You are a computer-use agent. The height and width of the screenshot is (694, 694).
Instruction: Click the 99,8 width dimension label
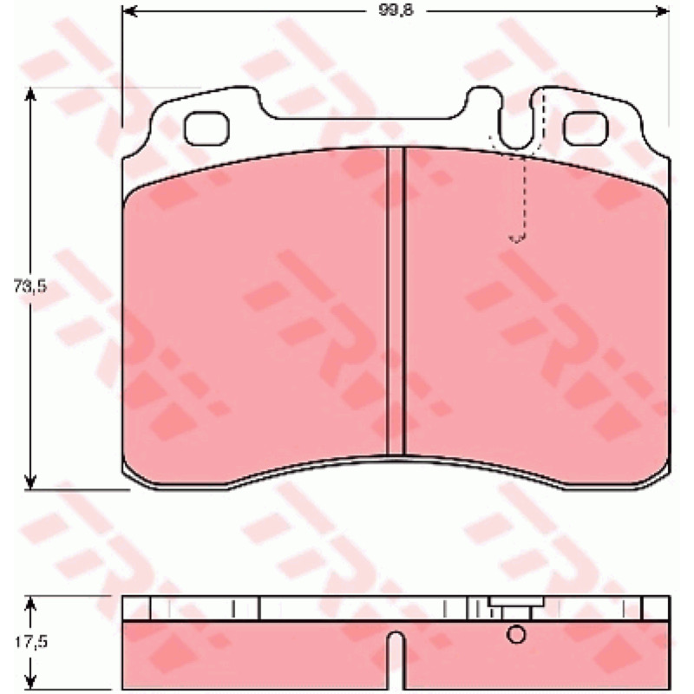point(396,10)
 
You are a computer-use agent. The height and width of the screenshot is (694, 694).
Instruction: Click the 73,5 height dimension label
point(29,287)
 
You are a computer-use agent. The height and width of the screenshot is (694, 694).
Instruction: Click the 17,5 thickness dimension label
point(30,642)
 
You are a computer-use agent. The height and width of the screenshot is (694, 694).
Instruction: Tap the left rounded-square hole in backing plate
point(206,128)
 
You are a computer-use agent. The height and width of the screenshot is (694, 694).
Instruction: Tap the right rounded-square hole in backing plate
point(586,128)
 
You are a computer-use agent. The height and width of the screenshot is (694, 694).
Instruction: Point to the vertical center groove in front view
point(396,301)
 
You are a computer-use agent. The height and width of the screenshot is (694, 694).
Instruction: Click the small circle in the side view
point(516,634)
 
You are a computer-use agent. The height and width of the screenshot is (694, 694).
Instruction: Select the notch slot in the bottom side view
point(396,660)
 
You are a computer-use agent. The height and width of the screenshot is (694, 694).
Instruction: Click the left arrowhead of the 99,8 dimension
point(129,11)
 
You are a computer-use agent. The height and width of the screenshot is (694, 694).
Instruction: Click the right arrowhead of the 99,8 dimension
point(662,11)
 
